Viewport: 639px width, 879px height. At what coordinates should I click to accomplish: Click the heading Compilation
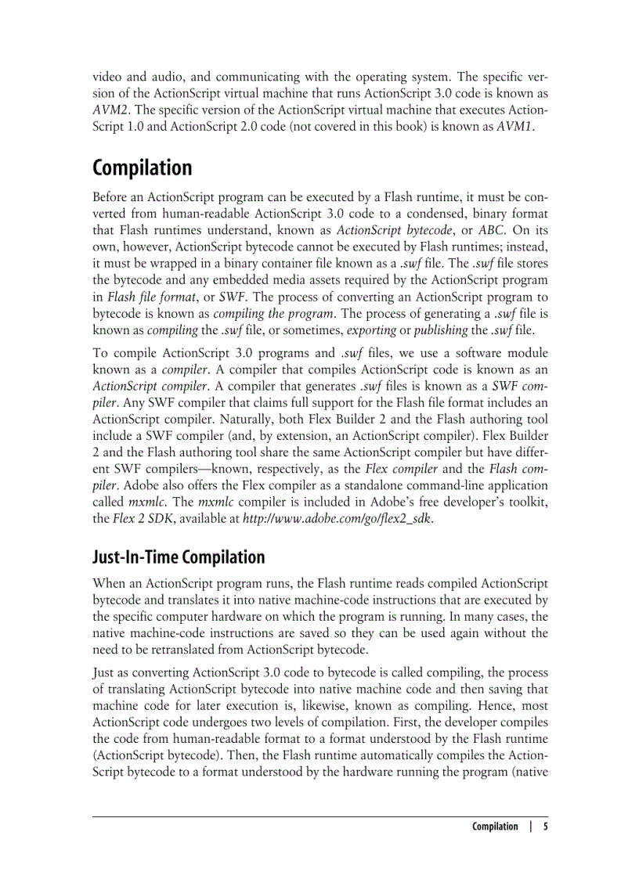point(142,168)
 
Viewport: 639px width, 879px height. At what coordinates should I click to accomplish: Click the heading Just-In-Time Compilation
point(179,557)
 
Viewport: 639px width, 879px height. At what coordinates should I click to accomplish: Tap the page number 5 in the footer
point(545,827)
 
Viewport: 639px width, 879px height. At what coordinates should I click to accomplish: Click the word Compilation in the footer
point(494,827)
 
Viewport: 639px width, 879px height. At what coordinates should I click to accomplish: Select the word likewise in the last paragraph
point(284,707)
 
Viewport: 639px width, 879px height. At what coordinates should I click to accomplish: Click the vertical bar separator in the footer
point(531,827)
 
